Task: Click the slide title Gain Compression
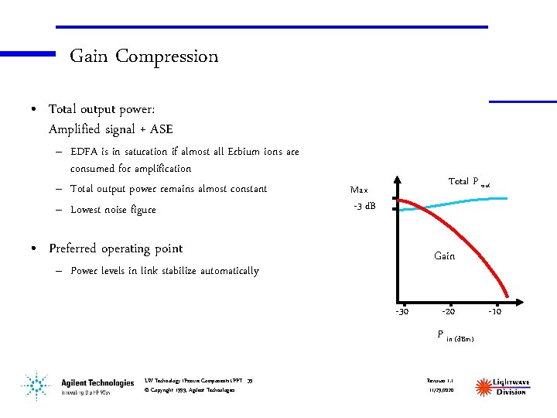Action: [x=144, y=57]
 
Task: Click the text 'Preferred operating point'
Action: [x=115, y=248]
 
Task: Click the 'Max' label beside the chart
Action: [x=359, y=190]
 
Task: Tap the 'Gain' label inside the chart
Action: [x=445, y=255]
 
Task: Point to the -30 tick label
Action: [x=402, y=312]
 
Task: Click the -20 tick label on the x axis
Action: [x=448, y=312]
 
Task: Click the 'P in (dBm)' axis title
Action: [x=456, y=336]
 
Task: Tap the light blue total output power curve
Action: [x=464, y=202]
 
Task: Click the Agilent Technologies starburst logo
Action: [x=34, y=385]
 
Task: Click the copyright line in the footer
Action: [x=190, y=389]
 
